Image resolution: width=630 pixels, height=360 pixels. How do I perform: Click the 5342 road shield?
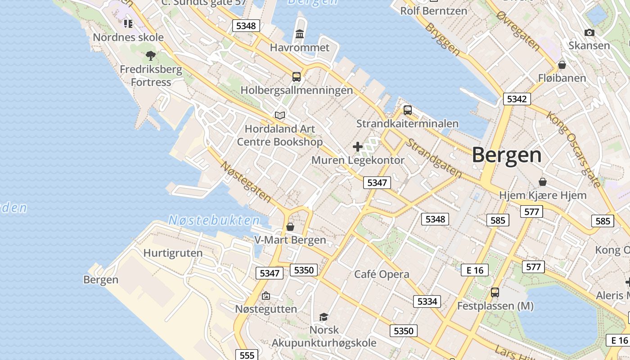(x=517, y=99)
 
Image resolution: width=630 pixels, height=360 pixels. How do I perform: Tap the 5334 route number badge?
(x=427, y=301)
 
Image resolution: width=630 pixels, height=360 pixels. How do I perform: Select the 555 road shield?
(x=247, y=355)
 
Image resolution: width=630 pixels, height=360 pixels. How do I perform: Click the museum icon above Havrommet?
(x=300, y=34)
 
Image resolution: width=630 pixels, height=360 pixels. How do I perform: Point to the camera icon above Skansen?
(x=589, y=32)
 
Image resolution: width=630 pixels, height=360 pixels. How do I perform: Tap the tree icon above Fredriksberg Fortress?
(x=151, y=56)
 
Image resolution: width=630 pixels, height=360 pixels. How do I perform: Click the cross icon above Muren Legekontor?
(x=358, y=147)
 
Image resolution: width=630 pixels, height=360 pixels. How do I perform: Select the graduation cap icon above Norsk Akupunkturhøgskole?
(x=324, y=317)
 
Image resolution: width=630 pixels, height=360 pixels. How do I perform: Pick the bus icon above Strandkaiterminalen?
(x=407, y=110)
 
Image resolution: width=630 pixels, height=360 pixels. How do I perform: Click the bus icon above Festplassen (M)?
(x=495, y=292)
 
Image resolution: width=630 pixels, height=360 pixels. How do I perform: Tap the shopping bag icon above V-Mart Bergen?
(x=290, y=226)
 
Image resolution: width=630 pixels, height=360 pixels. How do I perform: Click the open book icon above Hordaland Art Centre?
(x=280, y=115)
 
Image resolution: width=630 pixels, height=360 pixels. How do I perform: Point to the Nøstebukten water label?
(x=214, y=220)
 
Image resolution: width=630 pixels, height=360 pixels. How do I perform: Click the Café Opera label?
(x=382, y=274)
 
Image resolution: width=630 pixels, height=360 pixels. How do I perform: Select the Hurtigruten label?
(x=173, y=253)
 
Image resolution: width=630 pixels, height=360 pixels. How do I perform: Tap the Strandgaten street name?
(x=434, y=157)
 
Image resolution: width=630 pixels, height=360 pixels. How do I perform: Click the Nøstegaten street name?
(x=246, y=181)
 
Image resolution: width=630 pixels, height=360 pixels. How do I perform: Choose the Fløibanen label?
(x=562, y=78)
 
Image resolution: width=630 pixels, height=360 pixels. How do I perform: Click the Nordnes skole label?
(x=128, y=37)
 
